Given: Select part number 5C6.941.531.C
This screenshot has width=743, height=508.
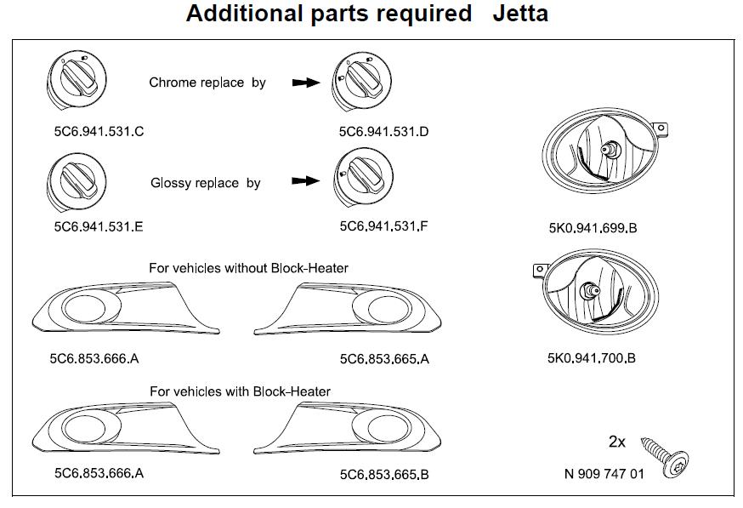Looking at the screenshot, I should coord(98,132).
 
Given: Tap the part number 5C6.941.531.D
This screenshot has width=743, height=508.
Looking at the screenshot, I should coord(383,132).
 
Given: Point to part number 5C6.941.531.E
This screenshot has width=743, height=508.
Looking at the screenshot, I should coord(98,227).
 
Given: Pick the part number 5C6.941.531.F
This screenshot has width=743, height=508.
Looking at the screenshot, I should coord(383,227).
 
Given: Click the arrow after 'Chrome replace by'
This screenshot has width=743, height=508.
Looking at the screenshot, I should coord(304,83).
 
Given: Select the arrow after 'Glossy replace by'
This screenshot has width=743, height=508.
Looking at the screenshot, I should coord(304,182).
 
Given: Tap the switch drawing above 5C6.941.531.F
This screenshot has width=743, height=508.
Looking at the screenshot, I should coord(363,178).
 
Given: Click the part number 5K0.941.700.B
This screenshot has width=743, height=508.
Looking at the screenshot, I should coord(592,358).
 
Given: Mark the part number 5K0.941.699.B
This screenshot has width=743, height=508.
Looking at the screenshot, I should coord(593,228).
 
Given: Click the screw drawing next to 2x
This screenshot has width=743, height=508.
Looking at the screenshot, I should coord(666,453).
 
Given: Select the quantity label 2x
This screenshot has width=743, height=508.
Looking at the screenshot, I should coord(617,442).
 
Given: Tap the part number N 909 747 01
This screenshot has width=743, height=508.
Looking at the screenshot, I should coord(604,474).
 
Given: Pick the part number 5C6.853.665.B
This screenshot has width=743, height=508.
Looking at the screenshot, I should coord(384,474).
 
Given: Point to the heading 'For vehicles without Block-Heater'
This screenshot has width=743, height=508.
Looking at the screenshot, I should coord(248,268).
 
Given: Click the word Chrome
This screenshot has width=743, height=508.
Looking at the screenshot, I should coord(172,83).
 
